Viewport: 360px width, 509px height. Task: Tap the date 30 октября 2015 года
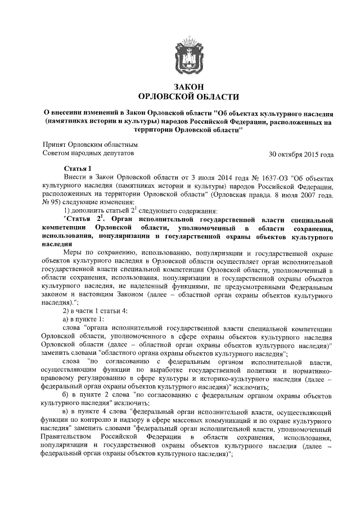(301, 154)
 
